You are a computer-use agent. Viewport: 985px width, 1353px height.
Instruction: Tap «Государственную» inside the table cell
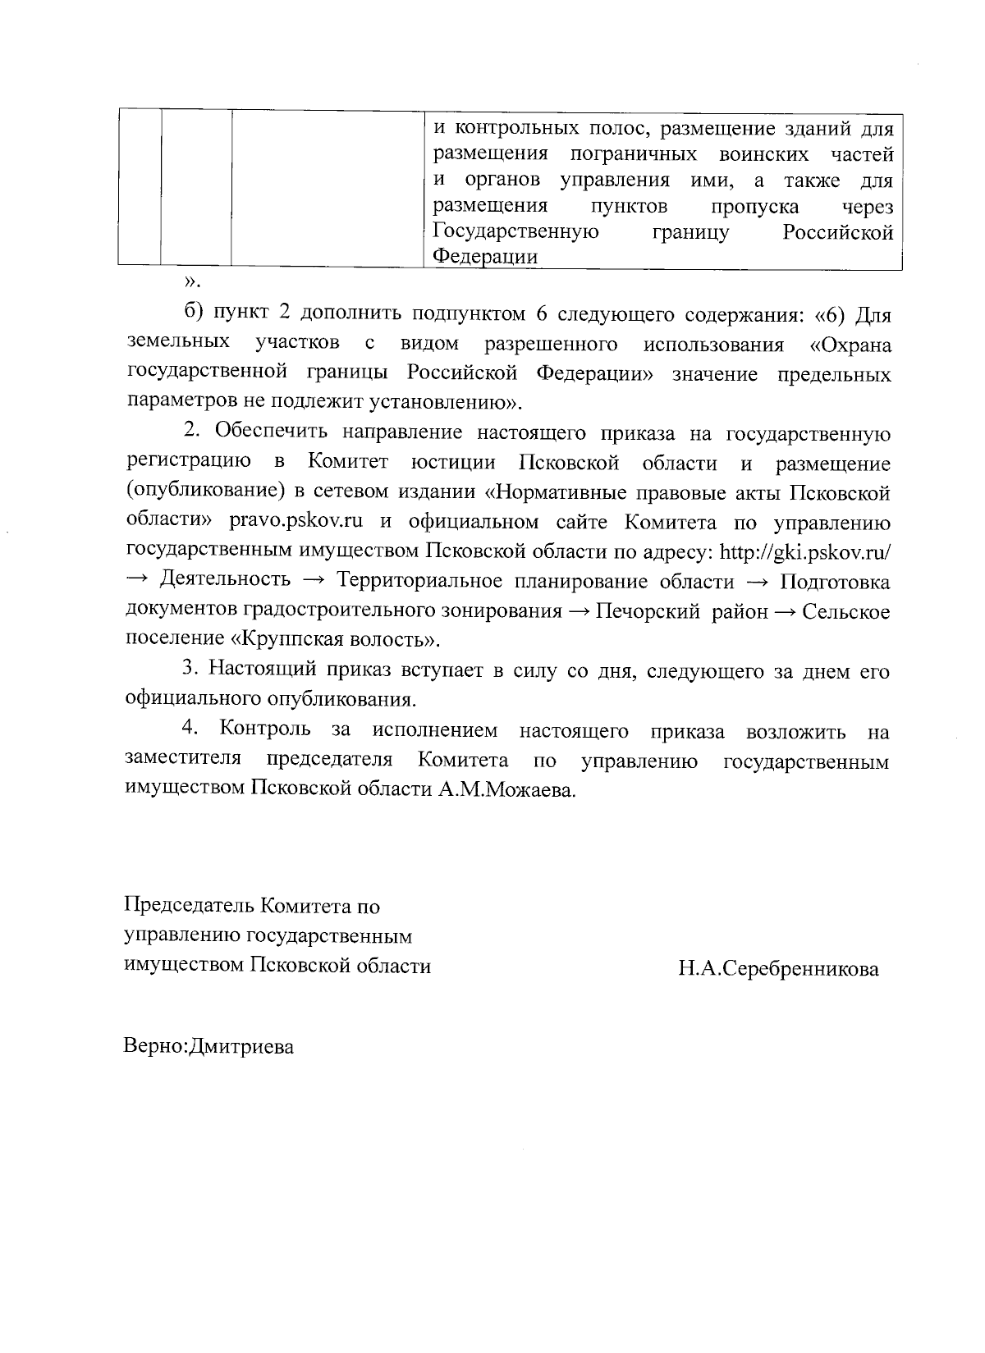coord(515,232)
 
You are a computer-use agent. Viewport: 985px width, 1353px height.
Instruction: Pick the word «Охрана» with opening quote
coord(850,345)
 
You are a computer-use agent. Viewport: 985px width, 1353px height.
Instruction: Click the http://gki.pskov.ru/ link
coord(804,552)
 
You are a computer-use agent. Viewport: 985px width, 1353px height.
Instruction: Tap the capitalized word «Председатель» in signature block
coord(190,907)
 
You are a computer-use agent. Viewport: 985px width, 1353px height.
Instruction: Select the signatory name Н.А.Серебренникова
coord(778,969)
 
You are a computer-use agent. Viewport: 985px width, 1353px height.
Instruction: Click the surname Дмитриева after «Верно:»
coord(241,1047)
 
